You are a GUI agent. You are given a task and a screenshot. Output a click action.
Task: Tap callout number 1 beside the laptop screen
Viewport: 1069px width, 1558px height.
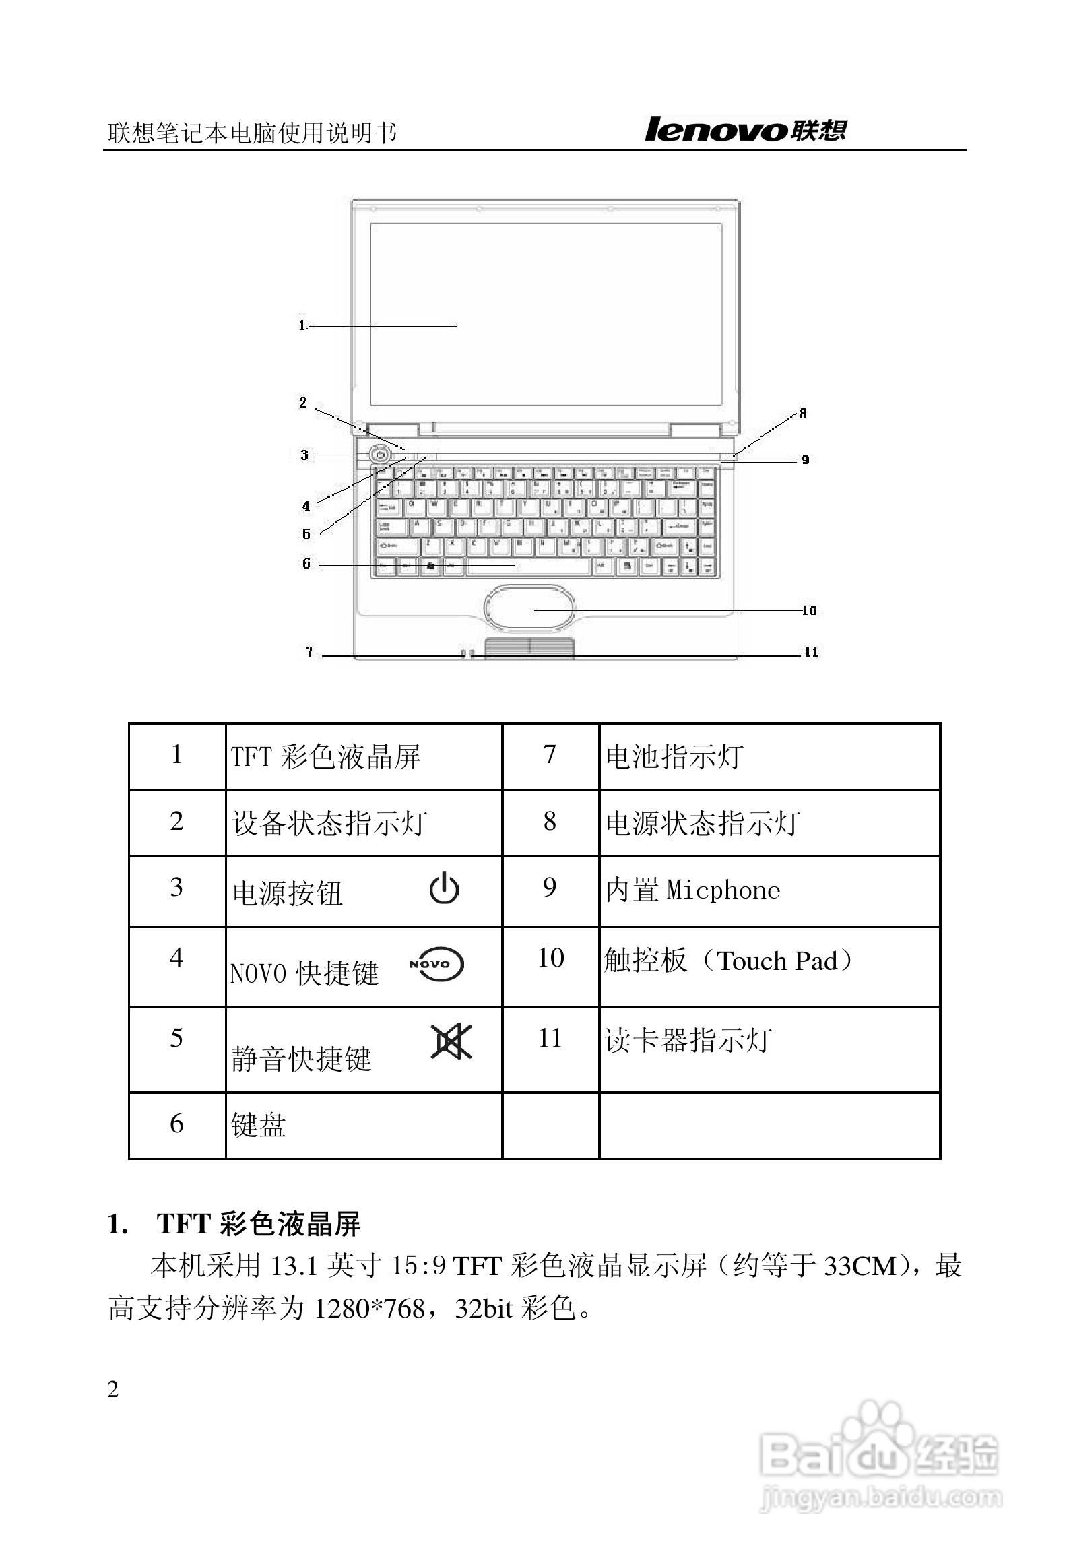click(302, 325)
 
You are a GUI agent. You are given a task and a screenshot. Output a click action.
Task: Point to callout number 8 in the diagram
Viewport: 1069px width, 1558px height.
click(802, 414)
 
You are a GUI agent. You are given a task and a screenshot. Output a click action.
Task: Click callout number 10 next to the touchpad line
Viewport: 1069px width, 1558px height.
click(809, 611)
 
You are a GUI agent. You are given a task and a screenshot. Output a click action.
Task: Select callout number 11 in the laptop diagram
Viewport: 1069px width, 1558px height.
click(810, 652)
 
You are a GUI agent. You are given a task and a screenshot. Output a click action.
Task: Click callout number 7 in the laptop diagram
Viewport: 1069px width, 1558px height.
click(309, 651)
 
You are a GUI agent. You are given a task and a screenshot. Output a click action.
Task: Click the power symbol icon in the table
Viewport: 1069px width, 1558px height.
click(445, 888)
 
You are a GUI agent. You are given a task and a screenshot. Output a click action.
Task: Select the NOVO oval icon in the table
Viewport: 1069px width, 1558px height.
click(437, 965)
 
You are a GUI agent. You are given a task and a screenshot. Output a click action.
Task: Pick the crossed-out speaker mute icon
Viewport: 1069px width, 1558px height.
click(451, 1041)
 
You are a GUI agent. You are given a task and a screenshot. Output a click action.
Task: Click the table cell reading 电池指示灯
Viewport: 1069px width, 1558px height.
click(674, 756)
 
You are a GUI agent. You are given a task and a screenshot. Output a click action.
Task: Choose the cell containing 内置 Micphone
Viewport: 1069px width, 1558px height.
click(692, 890)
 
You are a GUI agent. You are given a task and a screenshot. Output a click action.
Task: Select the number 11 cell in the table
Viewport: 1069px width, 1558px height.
click(550, 1038)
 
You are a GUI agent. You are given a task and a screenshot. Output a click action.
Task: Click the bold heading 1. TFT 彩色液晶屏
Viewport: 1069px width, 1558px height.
click(234, 1224)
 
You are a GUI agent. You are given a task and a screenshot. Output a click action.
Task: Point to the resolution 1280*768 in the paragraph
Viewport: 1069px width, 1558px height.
click(370, 1309)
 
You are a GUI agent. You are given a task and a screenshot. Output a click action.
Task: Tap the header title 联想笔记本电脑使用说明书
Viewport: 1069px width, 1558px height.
click(252, 133)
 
